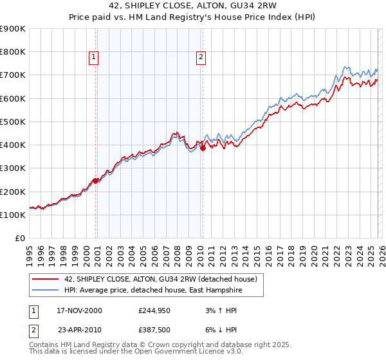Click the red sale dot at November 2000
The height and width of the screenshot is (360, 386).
click(96, 181)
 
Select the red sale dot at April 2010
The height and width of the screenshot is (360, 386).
click(203, 147)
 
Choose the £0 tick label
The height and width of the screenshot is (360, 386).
click(20, 238)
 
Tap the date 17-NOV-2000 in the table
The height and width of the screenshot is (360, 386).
click(79, 310)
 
